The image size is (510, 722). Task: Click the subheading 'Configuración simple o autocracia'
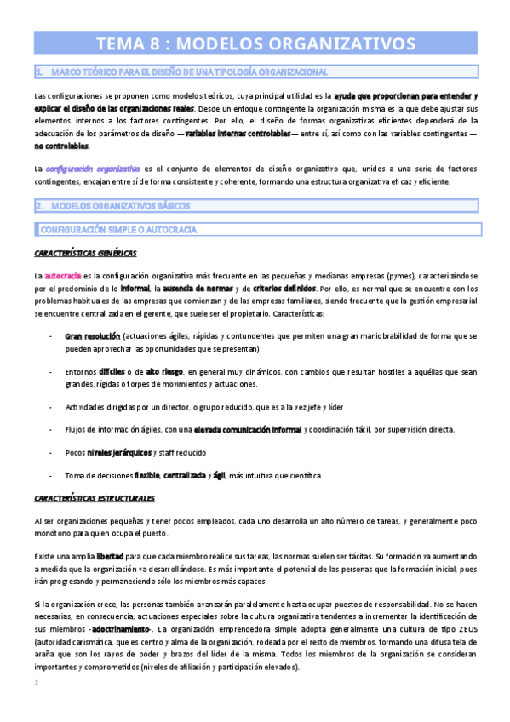tap(118, 229)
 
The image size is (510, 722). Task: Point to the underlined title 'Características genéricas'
tap(85, 253)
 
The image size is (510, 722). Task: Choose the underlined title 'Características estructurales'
tap(95, 496)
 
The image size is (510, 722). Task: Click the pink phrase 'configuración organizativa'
tap(94, 169)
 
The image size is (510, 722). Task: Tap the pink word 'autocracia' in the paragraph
tap(63, 276)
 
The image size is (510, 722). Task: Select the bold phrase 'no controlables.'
tap(61, 146)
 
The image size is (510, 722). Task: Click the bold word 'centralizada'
tap(182, 474)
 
